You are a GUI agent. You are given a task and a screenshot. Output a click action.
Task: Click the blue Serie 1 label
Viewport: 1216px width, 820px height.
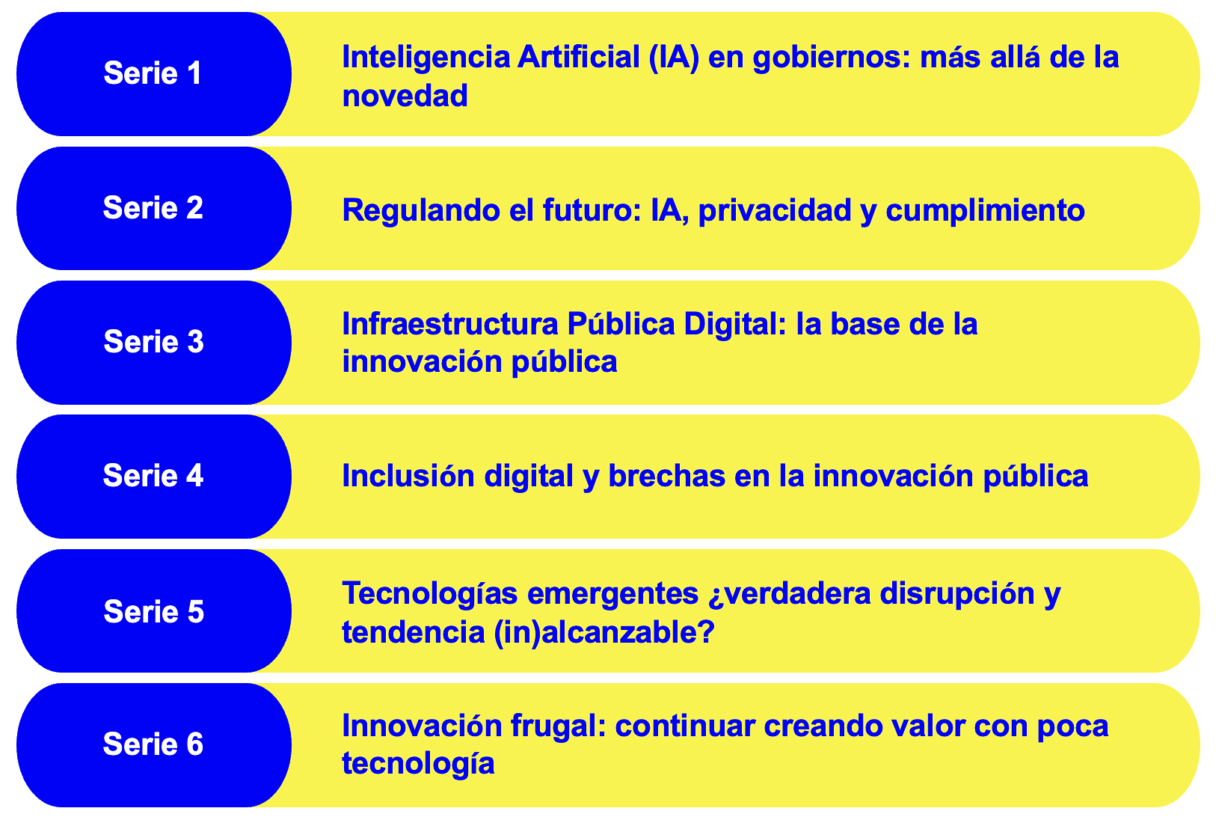153,74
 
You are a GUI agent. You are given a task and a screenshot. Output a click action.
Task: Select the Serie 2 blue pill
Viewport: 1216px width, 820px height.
153,208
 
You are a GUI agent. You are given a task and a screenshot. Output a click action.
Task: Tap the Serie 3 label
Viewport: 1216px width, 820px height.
153,342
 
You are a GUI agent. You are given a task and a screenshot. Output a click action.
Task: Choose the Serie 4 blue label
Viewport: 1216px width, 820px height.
153,477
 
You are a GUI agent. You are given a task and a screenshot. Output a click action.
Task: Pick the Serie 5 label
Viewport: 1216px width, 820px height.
153,611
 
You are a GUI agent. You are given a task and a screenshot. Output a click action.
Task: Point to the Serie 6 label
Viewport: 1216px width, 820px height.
153,744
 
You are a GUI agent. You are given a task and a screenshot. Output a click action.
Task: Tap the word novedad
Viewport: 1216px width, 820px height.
405,96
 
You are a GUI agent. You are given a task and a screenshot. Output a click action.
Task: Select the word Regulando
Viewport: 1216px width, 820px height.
421,212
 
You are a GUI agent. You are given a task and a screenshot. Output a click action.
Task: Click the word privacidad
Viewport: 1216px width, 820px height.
775,212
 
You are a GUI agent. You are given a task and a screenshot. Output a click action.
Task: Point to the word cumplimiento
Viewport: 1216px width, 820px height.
985,212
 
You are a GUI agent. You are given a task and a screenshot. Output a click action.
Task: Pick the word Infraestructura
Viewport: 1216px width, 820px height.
450,324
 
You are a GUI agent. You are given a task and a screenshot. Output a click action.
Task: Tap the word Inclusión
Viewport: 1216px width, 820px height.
408,477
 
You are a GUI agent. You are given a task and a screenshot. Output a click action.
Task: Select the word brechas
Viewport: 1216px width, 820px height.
666,477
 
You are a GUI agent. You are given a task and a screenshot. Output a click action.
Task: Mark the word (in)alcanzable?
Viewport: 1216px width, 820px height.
604,633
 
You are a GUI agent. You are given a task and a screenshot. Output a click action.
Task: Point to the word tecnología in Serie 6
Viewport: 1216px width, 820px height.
418,765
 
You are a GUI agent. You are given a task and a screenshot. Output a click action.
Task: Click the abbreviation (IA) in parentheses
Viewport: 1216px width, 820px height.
675,58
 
